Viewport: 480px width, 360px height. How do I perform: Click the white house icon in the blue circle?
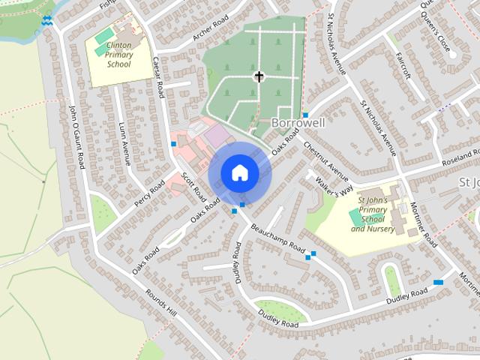pos(239,172)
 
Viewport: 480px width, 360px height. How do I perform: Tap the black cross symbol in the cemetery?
pos(259,76)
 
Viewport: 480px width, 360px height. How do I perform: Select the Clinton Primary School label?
pos(119,55)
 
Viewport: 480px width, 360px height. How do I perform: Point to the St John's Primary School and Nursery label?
pos(376,214)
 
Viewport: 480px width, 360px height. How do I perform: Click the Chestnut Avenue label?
pos(322,160)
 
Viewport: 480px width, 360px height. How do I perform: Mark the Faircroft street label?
pos(405,67)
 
